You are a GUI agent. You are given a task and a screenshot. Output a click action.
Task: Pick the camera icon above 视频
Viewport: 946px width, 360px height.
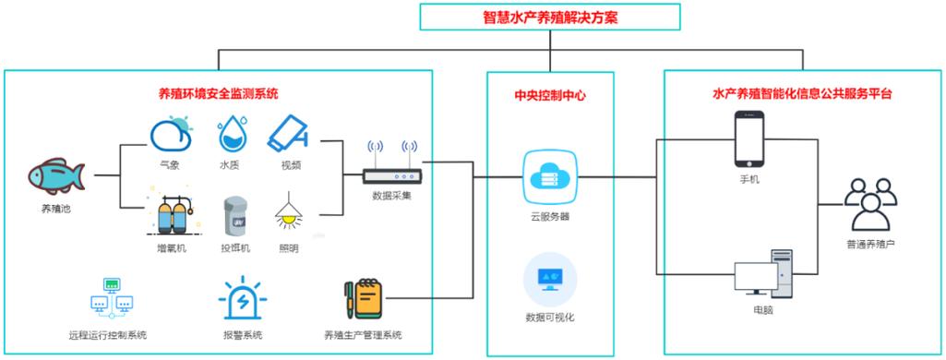[x=292, y=135]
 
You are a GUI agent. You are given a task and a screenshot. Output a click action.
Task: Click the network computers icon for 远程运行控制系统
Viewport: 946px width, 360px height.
[x=107, y=297]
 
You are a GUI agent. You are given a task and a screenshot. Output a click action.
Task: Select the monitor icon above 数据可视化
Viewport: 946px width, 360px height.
[x=549, y=279]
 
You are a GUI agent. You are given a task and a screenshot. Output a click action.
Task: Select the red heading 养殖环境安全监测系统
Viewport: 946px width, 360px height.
[x=219, y=93]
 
